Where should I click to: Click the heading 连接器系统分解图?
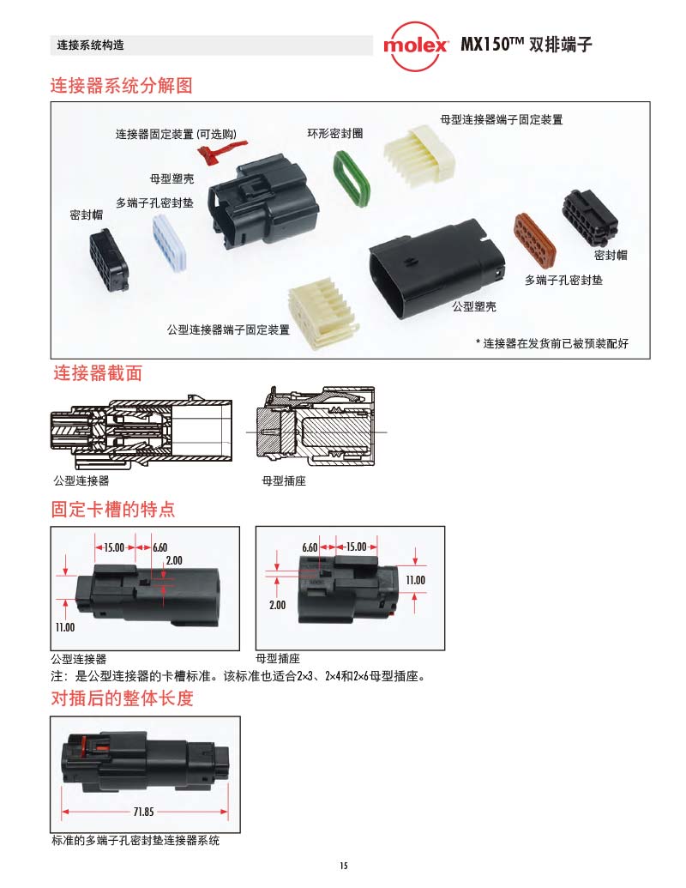(x=122, y=86)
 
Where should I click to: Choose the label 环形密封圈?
(x=335, y=134)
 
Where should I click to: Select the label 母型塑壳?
(x=171, y=178)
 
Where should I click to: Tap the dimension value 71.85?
(x=143, y=811)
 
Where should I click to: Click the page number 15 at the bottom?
(x=343, y=866)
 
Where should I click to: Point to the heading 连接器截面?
(x=98, y=373)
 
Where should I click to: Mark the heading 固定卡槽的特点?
(x=113, y=510)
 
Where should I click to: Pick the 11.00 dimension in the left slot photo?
(x=66, y=627)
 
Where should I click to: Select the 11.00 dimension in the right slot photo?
(x=415, y=580)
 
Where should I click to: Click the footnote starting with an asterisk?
(x=552, y=344)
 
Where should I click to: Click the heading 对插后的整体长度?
(x=122, y=698)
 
